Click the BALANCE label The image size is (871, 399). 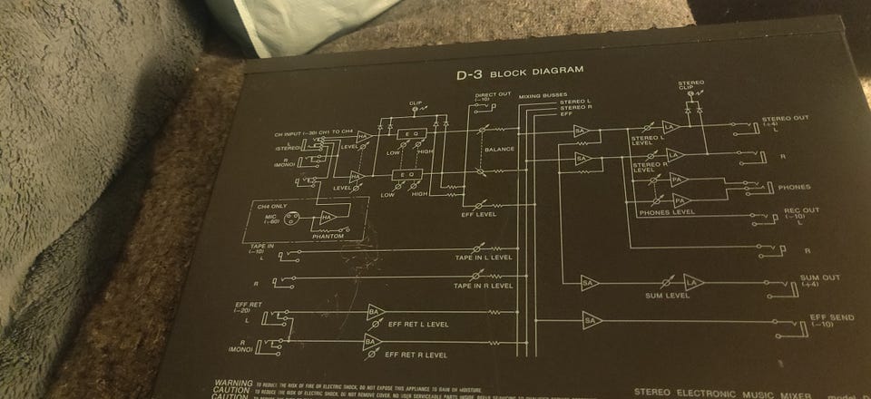pyautogui.click(x=499, y=149)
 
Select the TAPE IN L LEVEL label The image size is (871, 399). pyautogui.click(x=484, y=258)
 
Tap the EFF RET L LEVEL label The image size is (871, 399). pyautogui.click(x=417, y=324)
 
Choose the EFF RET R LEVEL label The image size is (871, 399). pyautogui.click(x=416, y=355)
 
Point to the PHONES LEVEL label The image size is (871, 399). pyautogui.click(x=666, y=212)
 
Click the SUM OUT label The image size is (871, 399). pyautogui.click(x=819, y=278)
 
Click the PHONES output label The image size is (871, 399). pyautogui.click(x=794, y=187)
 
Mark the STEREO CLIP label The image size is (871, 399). pyautogui.click(x=690, y=87)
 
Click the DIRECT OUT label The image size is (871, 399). pyautogui.click(x=493, y=94)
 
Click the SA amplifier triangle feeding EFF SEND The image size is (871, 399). pyautogui.click(x=591, y=320)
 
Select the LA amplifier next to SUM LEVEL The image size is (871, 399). pyautogui.click(x=694, y=283)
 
